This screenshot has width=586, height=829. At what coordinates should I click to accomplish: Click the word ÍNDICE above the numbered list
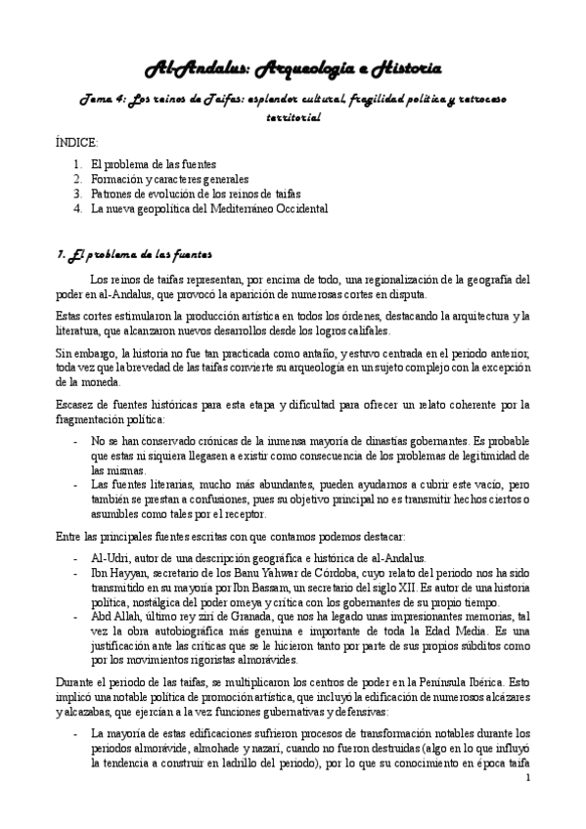pos(79,143)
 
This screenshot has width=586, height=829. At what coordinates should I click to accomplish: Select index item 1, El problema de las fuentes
pos(153,165)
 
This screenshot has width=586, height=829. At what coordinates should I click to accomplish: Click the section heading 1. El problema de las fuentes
pos(133,255)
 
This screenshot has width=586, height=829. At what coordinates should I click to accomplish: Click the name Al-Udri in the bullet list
pos(109,557)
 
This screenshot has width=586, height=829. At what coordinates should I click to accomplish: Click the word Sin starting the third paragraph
pos(64,351)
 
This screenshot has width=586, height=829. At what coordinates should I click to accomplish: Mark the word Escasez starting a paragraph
pos(76,404)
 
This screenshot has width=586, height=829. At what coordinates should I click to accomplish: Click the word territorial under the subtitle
pos(293,117)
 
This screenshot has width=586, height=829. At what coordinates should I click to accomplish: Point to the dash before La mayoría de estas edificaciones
pos(76,732)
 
